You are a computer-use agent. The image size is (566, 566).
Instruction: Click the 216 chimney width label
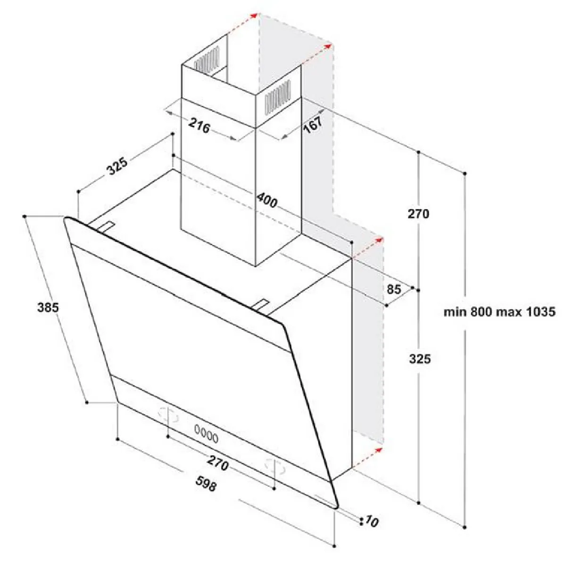click(x=199, y=126)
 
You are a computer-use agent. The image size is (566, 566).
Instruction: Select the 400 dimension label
click(x=266, y=200)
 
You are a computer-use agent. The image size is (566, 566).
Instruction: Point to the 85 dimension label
click(x=393, y=290)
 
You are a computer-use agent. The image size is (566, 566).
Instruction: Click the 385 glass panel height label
click(x=48, y=307)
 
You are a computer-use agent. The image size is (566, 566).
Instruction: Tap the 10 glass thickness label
click(x=372, y=521)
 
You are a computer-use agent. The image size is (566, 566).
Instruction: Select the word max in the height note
click(x=508, y=312)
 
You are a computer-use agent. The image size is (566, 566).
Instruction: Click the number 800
click(x=481, y=312)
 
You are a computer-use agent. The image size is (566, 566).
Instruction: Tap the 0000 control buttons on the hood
click(x=206, y=438)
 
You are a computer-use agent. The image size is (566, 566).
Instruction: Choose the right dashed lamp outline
click(x=275, y=467)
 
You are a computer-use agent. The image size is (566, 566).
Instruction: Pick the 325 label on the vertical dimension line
click(x=420, y=359)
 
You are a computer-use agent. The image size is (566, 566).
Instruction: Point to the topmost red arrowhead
click(x=254, y=15)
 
